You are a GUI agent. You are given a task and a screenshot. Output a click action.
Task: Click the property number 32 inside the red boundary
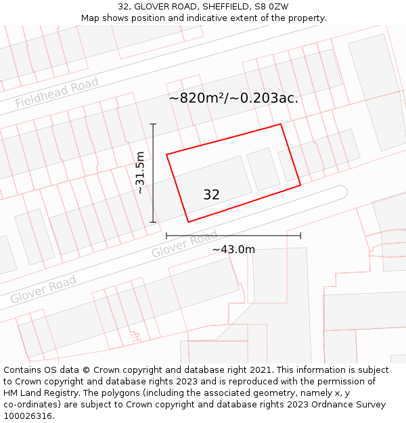pos(211,195)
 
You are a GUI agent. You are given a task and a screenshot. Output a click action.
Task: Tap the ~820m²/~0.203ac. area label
pos(233,98)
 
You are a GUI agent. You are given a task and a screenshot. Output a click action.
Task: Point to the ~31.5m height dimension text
pos(140,173)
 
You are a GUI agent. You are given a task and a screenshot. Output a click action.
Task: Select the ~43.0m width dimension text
pos(233,250)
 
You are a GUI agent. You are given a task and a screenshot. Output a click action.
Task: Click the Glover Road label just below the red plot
pos(184,244)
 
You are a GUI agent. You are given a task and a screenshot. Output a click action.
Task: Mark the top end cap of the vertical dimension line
pos(153,124)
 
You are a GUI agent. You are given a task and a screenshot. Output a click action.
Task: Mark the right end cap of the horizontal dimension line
pos(300,236)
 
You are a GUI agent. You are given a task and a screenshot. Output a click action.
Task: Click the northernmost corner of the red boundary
pos(281,124)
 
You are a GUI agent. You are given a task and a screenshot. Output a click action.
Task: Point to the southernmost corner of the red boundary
pos(188,222)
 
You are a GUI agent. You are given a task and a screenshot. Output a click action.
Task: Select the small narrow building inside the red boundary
pos(263,169)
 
